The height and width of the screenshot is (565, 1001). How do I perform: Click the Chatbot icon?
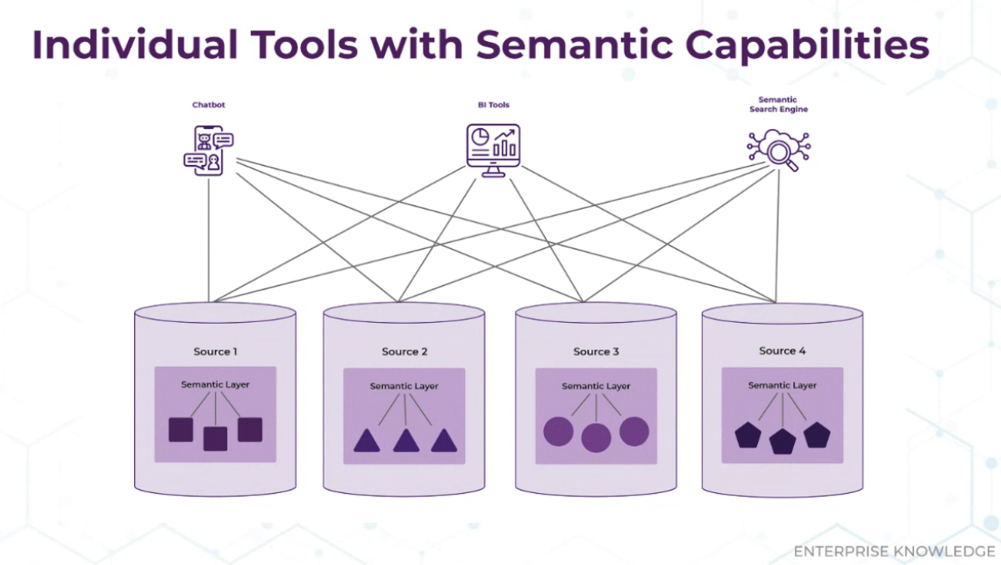pyautogui.click(x=209, y=151)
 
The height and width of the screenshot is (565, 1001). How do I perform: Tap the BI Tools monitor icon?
pyautogui.click(x=493, y=150)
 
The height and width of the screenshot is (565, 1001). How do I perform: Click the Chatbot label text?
pyautogui.click(x=209, y=104)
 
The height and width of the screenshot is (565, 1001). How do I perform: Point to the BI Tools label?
pyautogui.click(x=493, y=104)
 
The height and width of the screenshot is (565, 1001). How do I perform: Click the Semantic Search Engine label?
pyautogui.click(x=778, y=104)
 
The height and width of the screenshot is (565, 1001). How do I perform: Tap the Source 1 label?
pyautogui.click(x=215, y=352)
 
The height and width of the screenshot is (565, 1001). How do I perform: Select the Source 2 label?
pyautogui.click(x=404, y=352)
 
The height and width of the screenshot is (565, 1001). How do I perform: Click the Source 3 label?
pyautogui.click(x=596, y=352)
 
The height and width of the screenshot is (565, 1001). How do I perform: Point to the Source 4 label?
pyautogui.click(x=782, y=351)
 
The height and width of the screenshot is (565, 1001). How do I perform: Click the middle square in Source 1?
pyautogui.click(x=215, y=439)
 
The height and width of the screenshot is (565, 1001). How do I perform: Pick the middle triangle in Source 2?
pyautogui.click(x=406, y=440)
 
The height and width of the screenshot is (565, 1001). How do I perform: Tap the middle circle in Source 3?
pyautogui.click(x=597, y=438)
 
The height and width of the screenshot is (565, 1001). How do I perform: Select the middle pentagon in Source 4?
pyautogui.click(x=783, y=441)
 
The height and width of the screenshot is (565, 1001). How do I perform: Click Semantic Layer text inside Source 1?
pyautogui.click(x=215, y=384)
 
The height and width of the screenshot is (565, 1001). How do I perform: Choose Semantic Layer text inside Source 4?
pyautogui.click(x=782, y=385)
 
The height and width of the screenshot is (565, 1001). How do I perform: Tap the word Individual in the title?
pyautogui.click(x=135, y=45)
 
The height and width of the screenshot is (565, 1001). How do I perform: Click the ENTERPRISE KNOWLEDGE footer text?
pyautogui.click(x=894, y=551)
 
